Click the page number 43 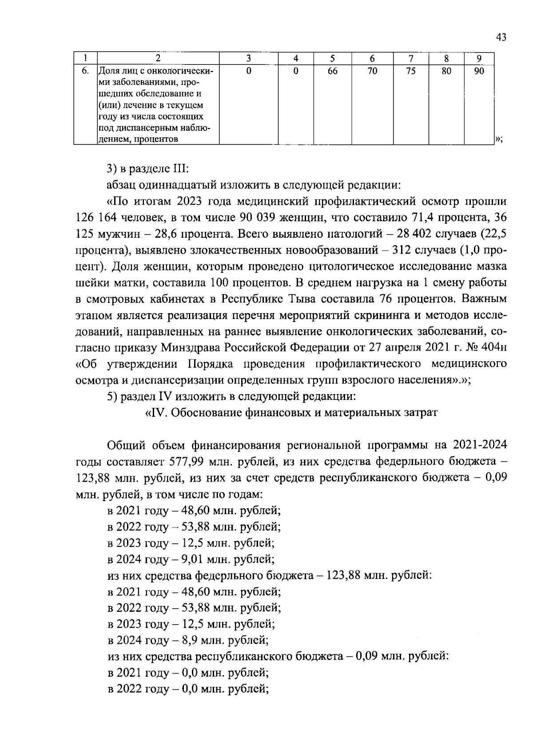click(501, 37)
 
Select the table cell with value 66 click(332, 71)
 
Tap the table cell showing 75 click(411, 71)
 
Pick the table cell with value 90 click(478, 71)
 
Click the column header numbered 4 click(295, 58)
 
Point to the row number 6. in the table click(86, 71)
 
